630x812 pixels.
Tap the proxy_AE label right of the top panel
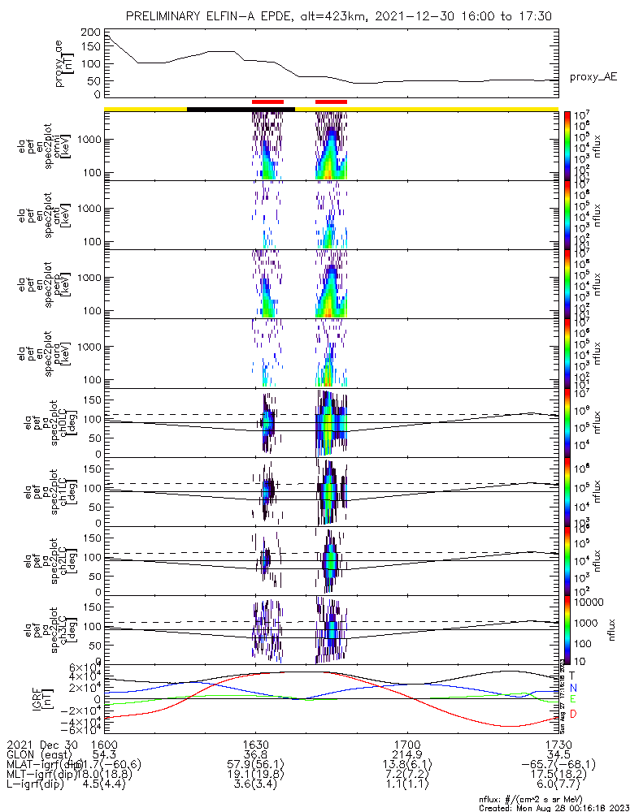coord(593,77)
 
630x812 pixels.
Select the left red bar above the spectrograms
coord(267,101)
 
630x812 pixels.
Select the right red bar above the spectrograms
coord(331,101)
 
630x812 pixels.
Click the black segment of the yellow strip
coord(240,108)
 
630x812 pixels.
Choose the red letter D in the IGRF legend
coord(573,714)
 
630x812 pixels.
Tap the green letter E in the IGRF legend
coord(573,699)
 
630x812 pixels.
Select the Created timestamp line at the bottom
coord(553,807)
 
